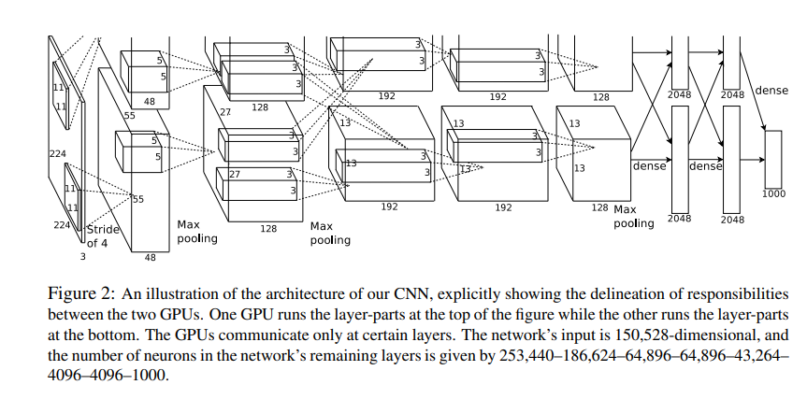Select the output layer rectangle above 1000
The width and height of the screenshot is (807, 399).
(x=772, y=158)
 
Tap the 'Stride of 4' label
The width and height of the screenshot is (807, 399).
(x=104, y=235)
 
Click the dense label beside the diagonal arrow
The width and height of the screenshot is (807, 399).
(x=771, y=91)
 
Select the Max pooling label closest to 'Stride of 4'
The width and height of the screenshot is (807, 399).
(x=196, y=231)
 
